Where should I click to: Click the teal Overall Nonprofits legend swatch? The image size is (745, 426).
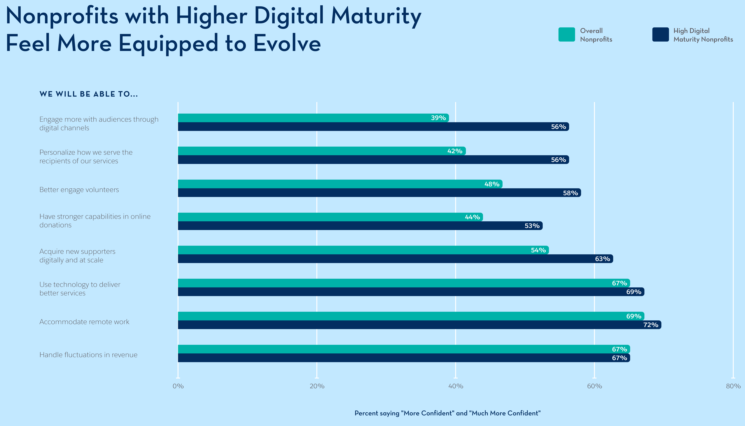(x=567, y=35)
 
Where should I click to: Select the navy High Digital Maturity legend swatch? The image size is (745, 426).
(x=660, y=35)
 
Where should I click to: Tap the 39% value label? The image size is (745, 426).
(x=438, y=118)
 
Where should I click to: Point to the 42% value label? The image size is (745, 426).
(x=455, y=151)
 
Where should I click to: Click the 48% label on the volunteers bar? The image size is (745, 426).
(x=492, y=184)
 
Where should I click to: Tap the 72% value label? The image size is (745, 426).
(x=651, y=325)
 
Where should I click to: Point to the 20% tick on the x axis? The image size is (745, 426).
(x=317, y=386)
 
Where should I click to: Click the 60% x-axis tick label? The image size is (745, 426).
(x=594, y=386)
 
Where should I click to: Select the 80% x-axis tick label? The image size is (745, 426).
(x=733, y=386)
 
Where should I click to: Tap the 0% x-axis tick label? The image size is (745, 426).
(x=178, y=386)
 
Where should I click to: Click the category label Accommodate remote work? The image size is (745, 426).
(x=84, y=322)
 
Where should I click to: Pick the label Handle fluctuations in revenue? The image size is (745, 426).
(x=88, y=355)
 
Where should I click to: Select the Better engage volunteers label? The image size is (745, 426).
(x=79, y=190)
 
